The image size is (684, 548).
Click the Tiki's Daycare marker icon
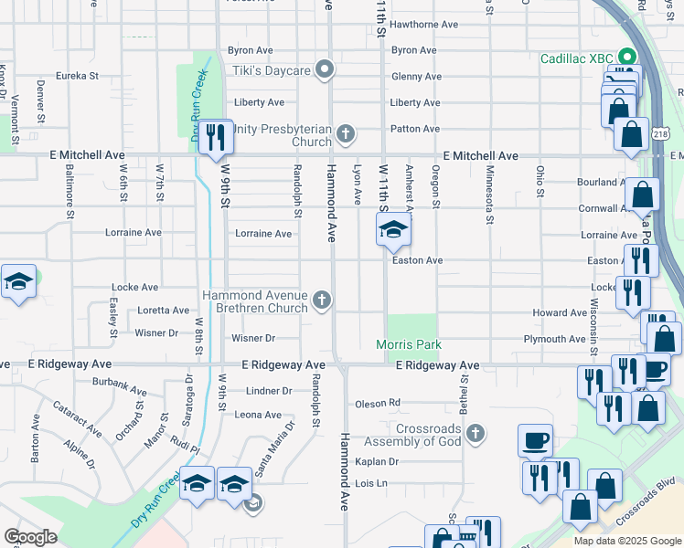324,69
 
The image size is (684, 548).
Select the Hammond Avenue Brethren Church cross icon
321,300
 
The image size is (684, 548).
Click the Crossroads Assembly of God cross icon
474,432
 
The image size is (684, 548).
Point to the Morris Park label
409,344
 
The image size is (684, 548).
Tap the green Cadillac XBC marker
626,57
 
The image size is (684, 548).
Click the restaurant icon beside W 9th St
216,137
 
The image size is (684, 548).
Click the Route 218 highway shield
660,133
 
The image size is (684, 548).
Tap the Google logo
30,537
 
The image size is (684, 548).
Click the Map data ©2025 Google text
627,541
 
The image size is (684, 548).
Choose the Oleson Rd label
378,403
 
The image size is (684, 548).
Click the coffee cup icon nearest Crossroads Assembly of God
536,440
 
